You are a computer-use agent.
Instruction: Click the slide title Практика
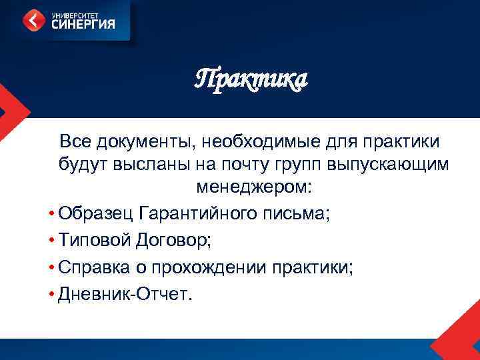251,80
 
